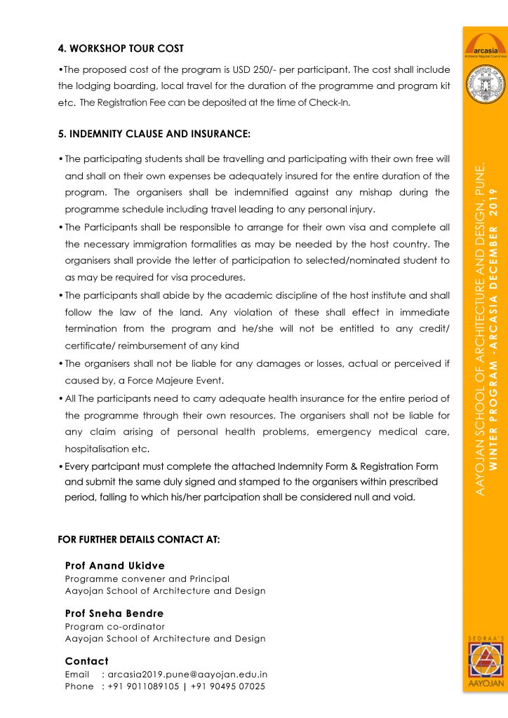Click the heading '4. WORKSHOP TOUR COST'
click(121, 48)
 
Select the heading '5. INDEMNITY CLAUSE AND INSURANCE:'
click(154, 133)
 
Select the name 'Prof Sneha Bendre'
click(114, 613)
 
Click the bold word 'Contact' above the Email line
click(87, 661)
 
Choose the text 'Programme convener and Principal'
click(147, 578)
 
